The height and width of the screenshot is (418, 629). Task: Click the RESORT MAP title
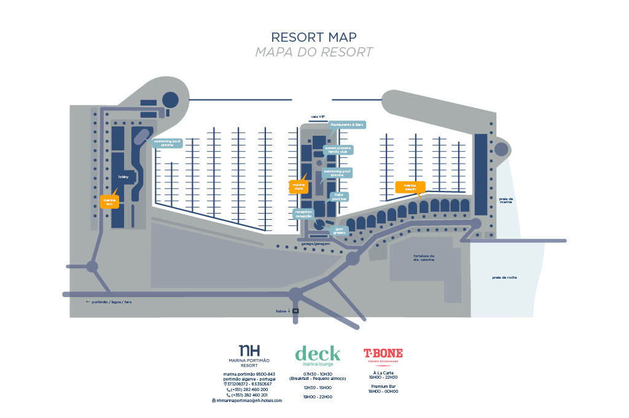tap(314, 37)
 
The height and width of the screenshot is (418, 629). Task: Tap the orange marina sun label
tap(109, 202)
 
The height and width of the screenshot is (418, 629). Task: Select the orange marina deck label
tap(299, 187)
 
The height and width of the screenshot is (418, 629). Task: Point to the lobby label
tap(123, 176)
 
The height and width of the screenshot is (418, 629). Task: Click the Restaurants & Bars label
tap(347, 125)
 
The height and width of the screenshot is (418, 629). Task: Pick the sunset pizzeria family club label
tap(338, 150)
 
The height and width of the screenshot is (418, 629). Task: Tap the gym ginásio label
tap(338, 231)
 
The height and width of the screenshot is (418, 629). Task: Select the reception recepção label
tap(304, 214)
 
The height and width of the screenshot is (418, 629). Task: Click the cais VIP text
tap(318, 116)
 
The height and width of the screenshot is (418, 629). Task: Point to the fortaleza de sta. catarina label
tap(424, 258)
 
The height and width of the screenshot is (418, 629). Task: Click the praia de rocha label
tap(504, 277)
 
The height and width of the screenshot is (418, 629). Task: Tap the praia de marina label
tap(506, 200)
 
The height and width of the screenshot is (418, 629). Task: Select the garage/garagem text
tap(316, 244)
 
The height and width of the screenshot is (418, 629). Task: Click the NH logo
tap(249, 350)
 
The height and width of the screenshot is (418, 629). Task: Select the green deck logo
tap(317, 354)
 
